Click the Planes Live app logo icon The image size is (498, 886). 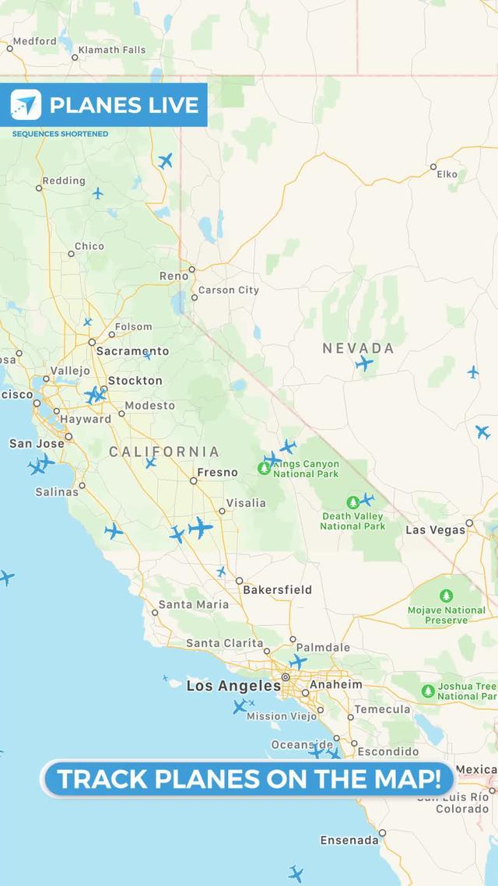coord(26,105)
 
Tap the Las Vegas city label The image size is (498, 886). coord(436,530)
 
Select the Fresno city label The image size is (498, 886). coord(217,473)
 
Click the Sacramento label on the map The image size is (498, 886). coord(132,351)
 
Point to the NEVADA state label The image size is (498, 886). coord(358,349)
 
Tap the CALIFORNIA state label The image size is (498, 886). coord(164,452)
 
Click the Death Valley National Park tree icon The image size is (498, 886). coord(353,502)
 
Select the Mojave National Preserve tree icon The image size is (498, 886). coord(446,596)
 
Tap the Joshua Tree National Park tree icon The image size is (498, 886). coord(427,691)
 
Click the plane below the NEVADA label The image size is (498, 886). coord(363,363)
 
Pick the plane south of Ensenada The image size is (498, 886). coord(296,873)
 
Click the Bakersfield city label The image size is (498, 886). coord(277,590)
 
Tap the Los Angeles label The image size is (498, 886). coord(233,686)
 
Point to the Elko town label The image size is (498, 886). coord(447,174)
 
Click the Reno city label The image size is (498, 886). coord(174,276)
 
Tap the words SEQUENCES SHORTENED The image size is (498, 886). coord(60,134)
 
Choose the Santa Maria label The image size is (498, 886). coord(194,604)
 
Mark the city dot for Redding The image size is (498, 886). coord(39,188)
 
